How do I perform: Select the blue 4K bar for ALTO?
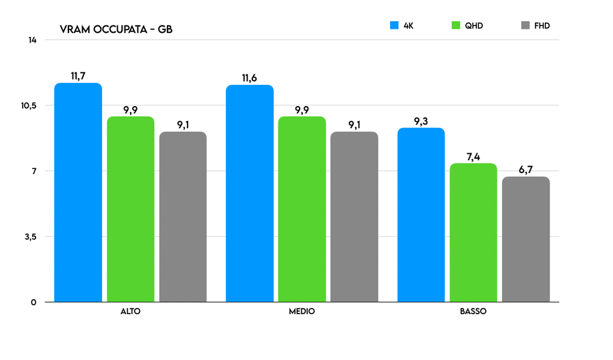[78, 192]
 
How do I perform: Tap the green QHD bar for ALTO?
[130, 209]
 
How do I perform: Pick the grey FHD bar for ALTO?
[183, 216]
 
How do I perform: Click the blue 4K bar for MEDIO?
[250, 193]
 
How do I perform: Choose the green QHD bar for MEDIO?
[302, 209]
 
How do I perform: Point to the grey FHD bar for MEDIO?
[354, 216]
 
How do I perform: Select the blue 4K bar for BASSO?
[421, 214]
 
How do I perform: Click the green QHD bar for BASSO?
[473, 232]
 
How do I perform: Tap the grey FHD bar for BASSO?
[525, 239]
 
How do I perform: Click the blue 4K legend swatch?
[394, 26]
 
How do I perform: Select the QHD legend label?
[473, 26]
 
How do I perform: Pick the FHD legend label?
[542, 26]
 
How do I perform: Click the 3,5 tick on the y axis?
[29, 237]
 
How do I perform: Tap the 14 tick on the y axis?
[32, 40]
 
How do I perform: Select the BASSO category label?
[473, 311]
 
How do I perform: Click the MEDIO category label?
[302, 311]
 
